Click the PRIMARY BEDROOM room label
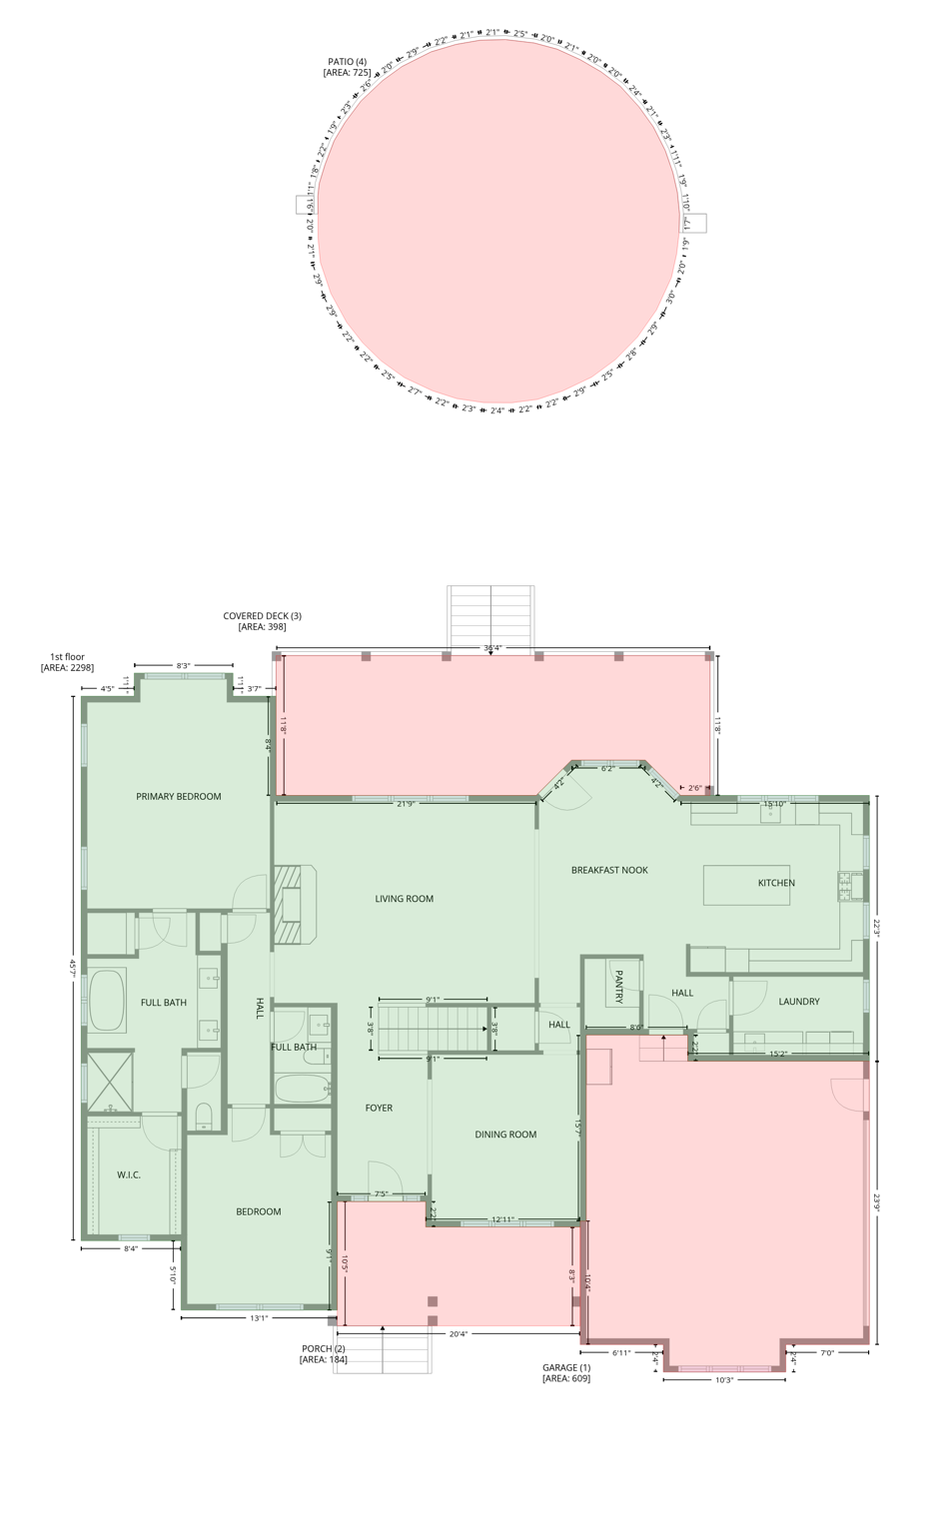tap(178, 796)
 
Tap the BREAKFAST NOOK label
tap(609, 870)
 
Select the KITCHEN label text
tap(776, 883)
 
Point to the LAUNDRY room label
tap(799, 1001)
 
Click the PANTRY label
tap(619, 986)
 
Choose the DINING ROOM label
tap(505, 1135)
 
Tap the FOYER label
tap(379, 1108)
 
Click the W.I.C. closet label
tap(129, 1174)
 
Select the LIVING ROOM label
tap(404, 899)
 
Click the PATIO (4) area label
tap(347, 67)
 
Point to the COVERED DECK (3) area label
tap(262, 621)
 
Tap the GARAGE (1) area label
tap(566, 1373)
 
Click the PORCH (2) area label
tap(323, 1353)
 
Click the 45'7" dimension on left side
tap(72, 967)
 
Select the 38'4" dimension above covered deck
tap(492, 647)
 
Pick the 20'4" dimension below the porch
tap(458, 1333)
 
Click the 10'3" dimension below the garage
tap(724, 1380)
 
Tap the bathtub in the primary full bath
tap(107, 1001)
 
